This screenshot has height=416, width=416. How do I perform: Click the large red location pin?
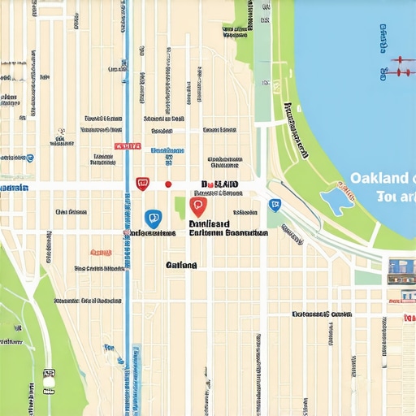[x=197, y=206]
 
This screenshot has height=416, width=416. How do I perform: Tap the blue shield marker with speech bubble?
[x=152, y=218]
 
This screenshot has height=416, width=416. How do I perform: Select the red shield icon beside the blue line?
[x=142, y=184]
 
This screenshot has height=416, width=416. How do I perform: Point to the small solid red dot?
[x=168, y=184]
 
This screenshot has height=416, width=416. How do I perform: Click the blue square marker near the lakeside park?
[x=275, y=205]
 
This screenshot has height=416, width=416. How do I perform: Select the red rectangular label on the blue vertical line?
[x=128, y=146]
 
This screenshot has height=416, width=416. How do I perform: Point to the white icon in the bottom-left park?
[x=49, y=379]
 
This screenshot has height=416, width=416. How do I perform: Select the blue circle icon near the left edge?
[x=30, y=158]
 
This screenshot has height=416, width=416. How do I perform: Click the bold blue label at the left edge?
[x=13, y=188]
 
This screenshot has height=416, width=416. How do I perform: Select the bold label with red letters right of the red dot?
[x=219, y=185]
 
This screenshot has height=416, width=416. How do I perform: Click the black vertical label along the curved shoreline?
[x=297, y=130]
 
